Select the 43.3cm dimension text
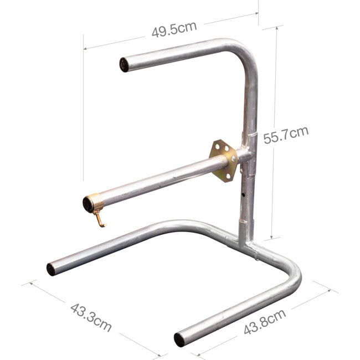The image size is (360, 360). click(x=91, y=316)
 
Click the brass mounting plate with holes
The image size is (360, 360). click(x=224, y=161)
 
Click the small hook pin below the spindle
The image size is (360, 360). click(x=100, y=220)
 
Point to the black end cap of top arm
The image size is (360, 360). click(x=124, y=65)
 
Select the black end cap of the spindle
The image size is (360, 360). click(x=88, y=205)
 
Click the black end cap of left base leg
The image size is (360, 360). click(x=51, y=270)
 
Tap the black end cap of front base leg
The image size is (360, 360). click(x=179, y=340)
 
